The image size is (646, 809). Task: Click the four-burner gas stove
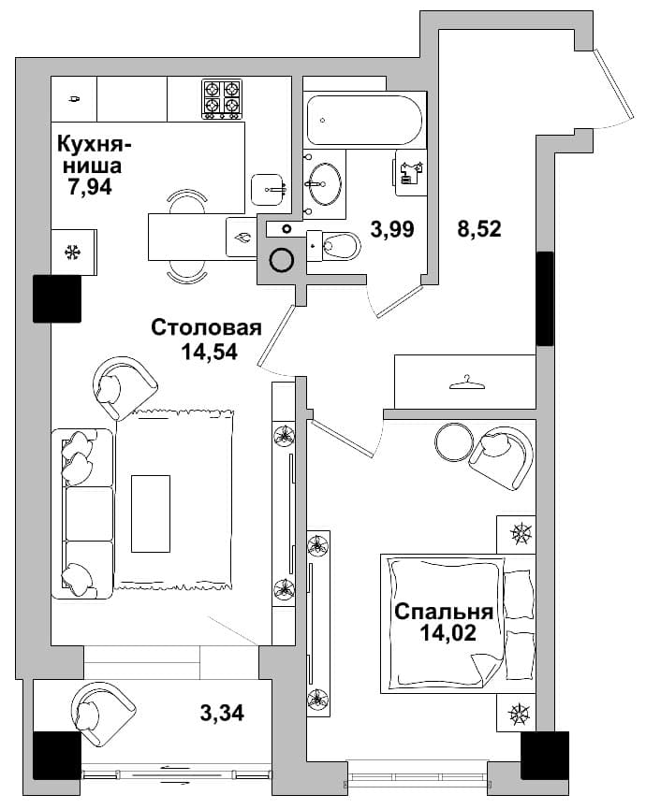click(x=222, y=99)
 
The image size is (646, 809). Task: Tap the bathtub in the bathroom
click(x=364, y=120)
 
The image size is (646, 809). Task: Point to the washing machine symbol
click(x=412, y=172)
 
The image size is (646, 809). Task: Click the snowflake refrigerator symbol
click(x=72, y=253)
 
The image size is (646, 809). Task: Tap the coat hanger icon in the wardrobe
click(x=467, y=383)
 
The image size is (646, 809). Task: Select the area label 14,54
click(x=209, y=352)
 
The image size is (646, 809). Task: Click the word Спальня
click(x=443, y=612)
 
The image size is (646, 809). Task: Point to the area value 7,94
click(x=90, y=187)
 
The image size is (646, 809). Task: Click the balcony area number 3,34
click(x=222, y=713)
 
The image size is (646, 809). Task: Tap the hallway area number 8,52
click(x=479, y=228)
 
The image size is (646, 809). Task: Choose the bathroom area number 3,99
click(x=392, y=228)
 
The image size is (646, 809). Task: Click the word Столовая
click(x=207, y=327)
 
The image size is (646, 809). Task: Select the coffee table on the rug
click(x=151, y=513)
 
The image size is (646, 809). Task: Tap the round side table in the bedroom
click(x=454, y=441)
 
